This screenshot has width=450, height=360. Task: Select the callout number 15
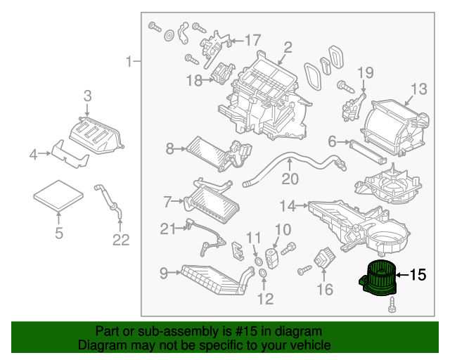pyautogui.click(x=417, y=275)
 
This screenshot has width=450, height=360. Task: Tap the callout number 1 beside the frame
pyautogui.click(x=129, y=63)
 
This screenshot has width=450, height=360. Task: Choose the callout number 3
pyautogui.click(x=87, y=96)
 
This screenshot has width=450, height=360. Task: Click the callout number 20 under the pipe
pyautogui.click(x=290, y=179)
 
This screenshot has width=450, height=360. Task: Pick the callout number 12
pyautogui.click(x=264, y=300)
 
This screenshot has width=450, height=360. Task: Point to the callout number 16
pyautogui.click(x=323, y=289)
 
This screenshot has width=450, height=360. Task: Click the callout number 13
pyautogui.click(x=418, y=89)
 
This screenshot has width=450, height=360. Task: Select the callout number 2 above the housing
pyautogui.click(x=288, y=48)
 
